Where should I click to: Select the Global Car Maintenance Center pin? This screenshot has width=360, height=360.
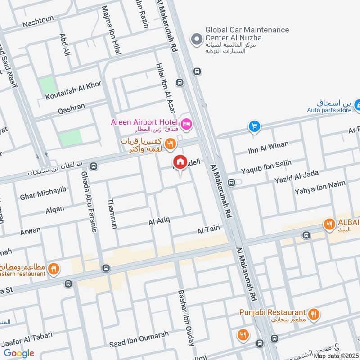(196, 40)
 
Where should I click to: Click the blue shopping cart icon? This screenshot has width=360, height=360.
(255, 127)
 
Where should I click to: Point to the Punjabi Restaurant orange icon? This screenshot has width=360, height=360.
(314, 313)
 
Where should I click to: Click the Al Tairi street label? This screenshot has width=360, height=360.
(208, 229)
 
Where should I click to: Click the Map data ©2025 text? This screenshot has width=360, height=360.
(336, 355)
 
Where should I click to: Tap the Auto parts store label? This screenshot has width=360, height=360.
(329, 110)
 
